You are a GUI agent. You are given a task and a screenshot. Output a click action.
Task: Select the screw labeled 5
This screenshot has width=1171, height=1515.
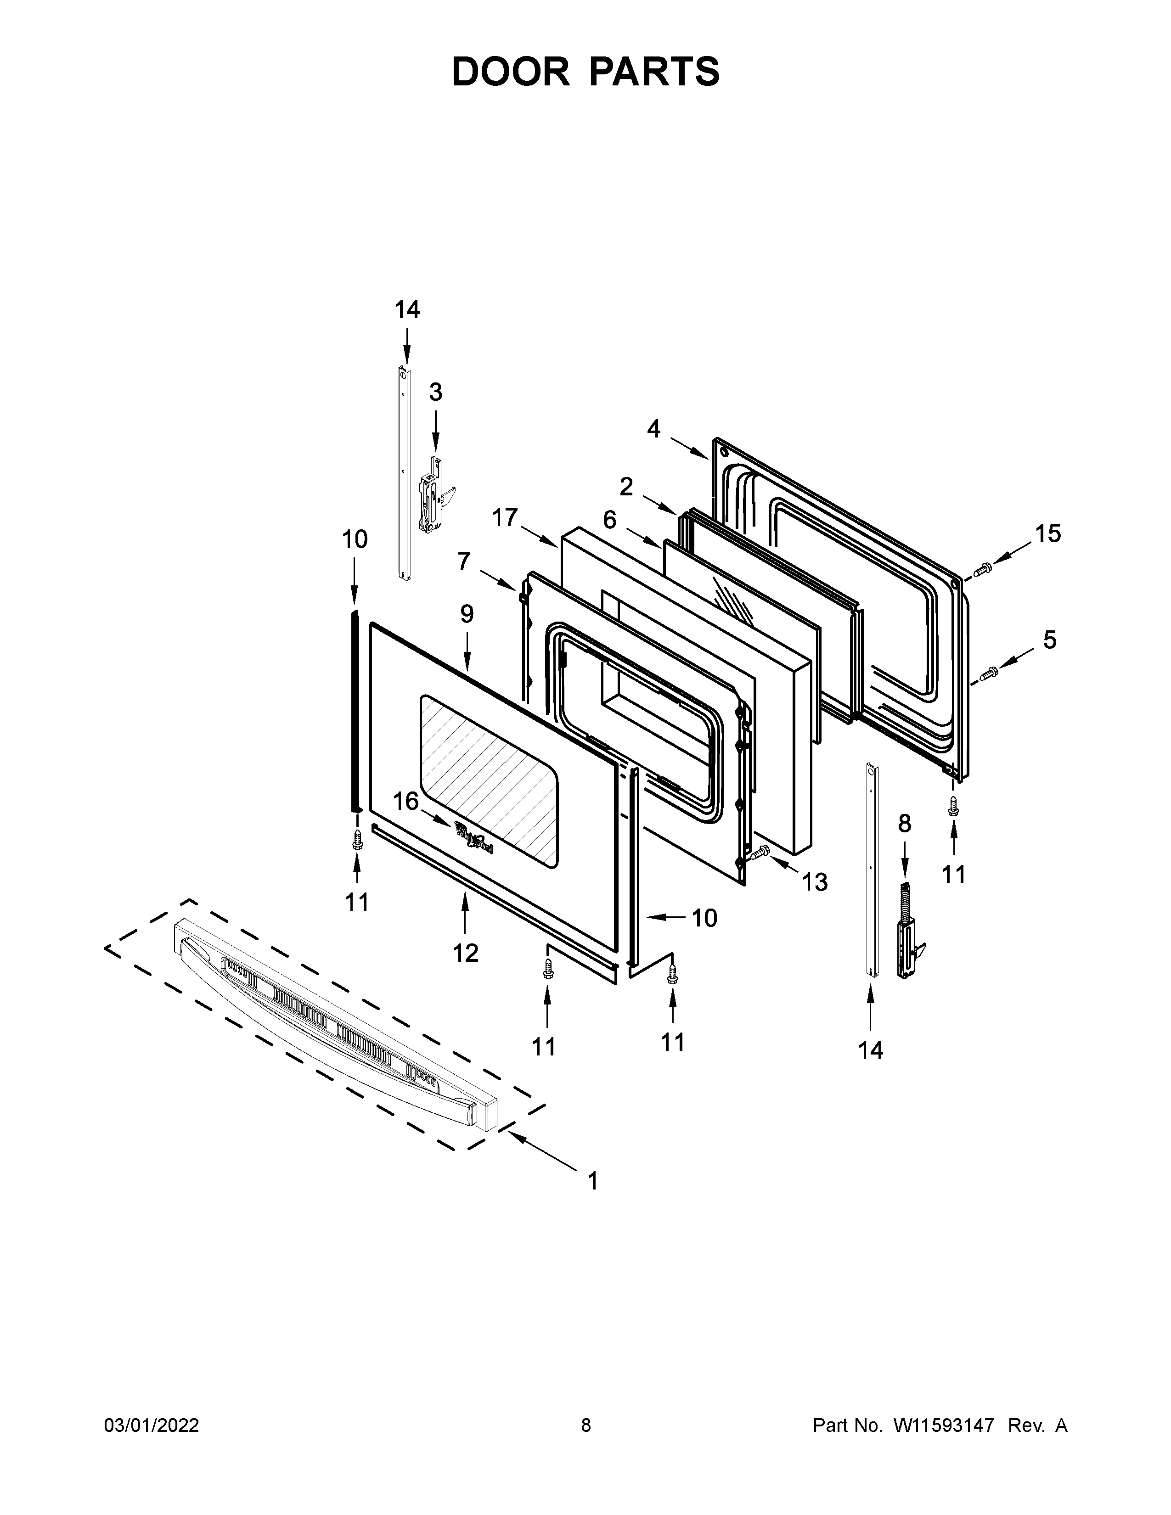point(988,672)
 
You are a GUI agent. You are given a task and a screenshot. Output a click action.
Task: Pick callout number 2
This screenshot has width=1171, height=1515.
point(626,488)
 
